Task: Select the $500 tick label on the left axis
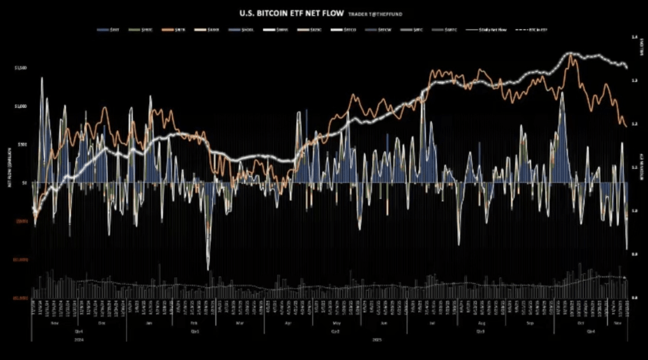[x=22, y=145]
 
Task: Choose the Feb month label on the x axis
[x=194, y=323]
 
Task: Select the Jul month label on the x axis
[x=430, y=323]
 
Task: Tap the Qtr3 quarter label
[x=480, y=332]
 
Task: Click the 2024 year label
[x=78, y=340]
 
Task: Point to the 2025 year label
[x=377, y=340]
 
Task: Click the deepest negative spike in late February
[x=208, y=268]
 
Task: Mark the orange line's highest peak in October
[x=571, y=55]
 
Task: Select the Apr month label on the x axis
[x=288, y=323]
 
